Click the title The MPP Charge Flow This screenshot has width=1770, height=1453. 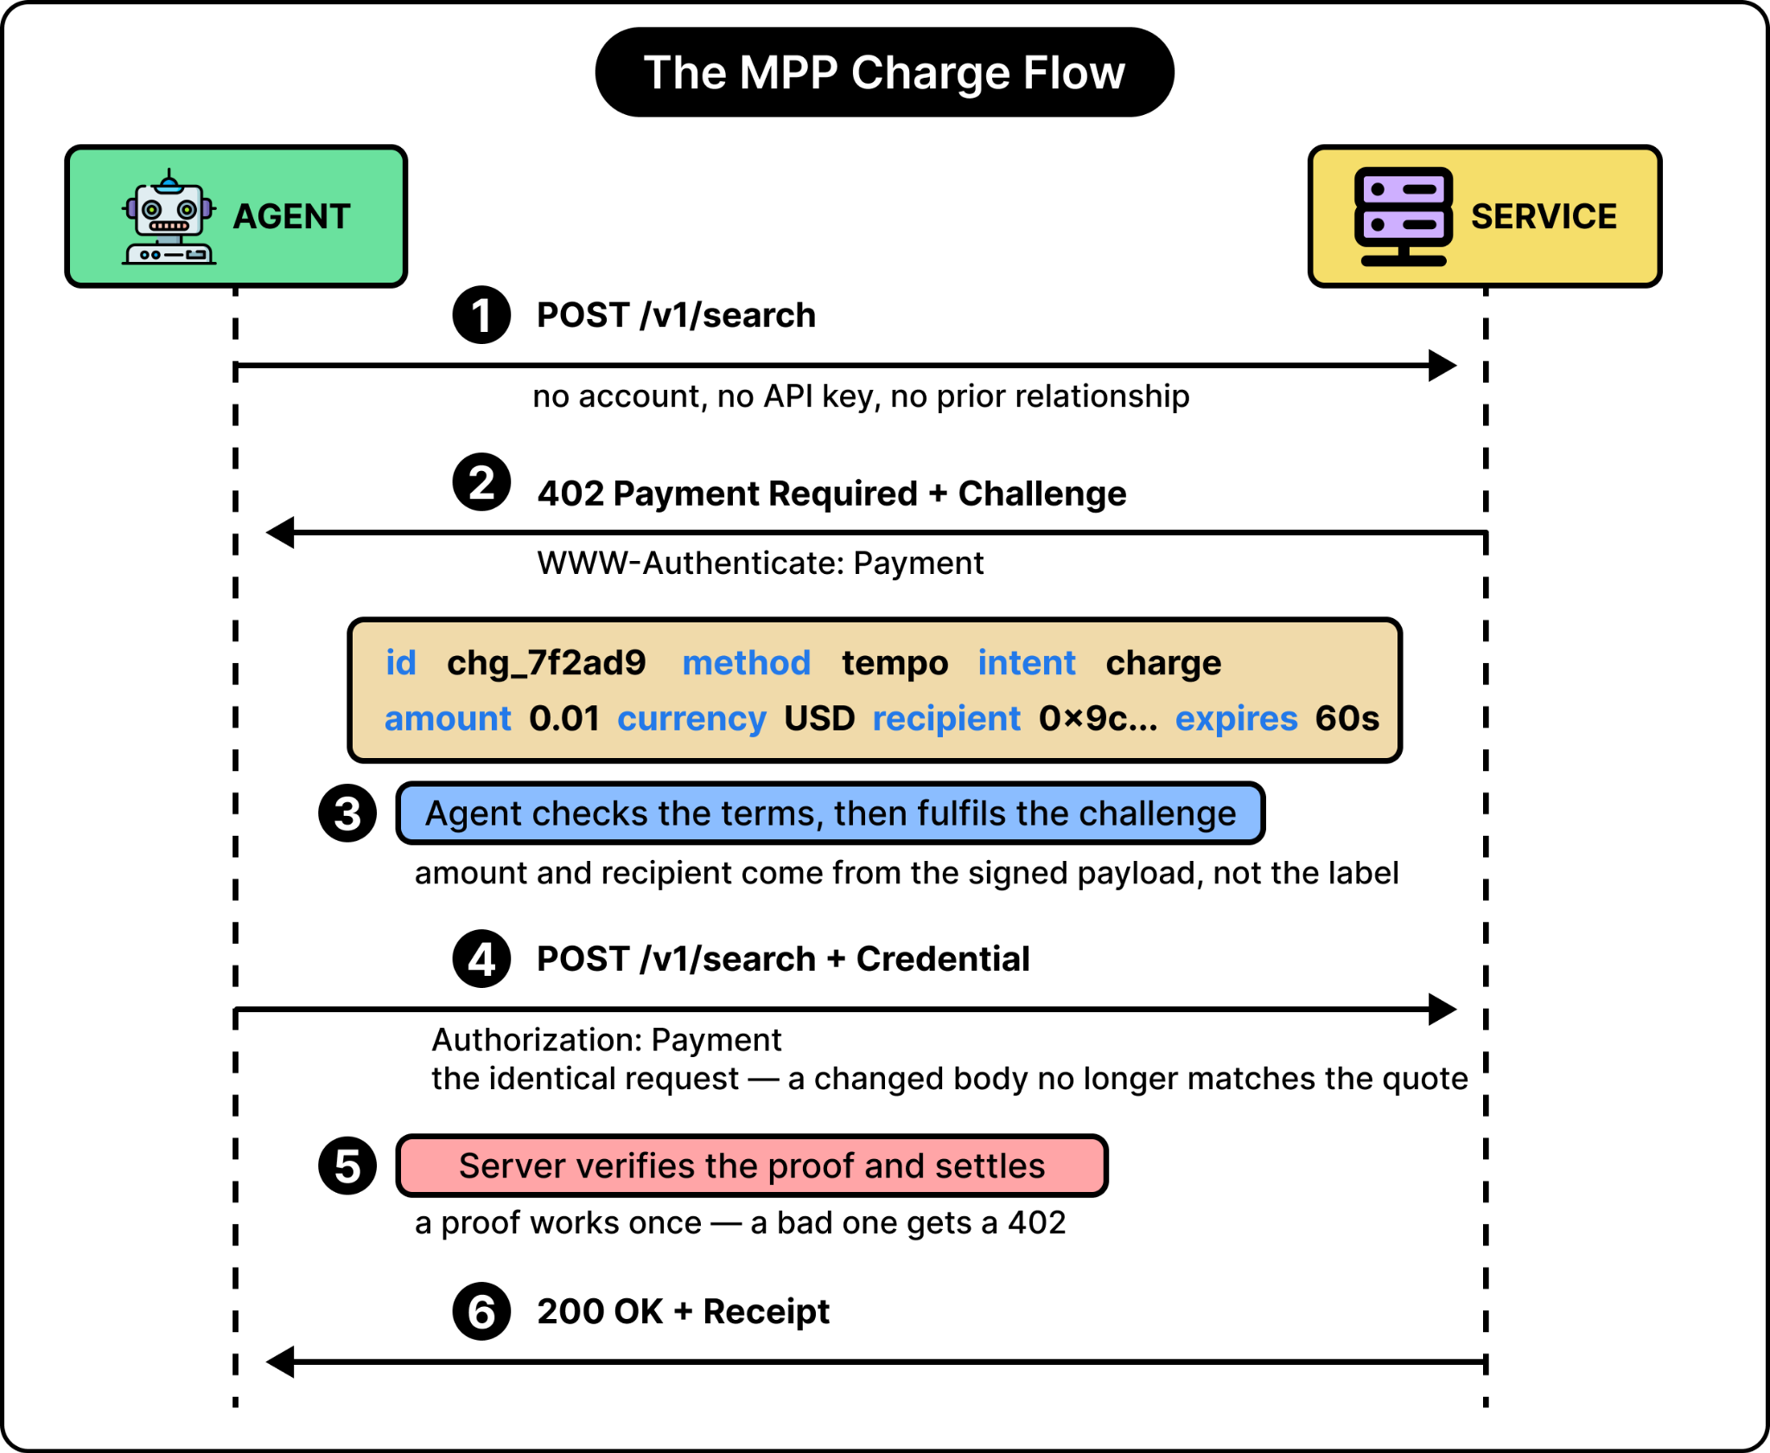[884, 73]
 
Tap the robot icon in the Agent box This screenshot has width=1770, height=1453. [169, 217]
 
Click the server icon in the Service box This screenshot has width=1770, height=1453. [1404, 217]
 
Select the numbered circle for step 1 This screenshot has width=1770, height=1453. [481, 315]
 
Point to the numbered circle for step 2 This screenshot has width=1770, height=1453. [481, 482]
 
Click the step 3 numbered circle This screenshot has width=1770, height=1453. [347, 813]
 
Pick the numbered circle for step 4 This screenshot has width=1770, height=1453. [481, 959]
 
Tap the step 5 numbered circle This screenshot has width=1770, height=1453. [347, 1166]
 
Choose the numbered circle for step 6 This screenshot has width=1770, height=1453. [481, 1311]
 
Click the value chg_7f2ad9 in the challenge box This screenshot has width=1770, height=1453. [546, 663]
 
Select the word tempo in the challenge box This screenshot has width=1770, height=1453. [895, 664]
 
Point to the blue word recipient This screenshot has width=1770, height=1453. [946, 719]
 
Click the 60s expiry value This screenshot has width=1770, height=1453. [1347, 718]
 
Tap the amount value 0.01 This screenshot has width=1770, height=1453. [564, 718]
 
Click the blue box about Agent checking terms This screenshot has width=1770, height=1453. [831, 813]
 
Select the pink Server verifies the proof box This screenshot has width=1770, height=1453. [752, 1166]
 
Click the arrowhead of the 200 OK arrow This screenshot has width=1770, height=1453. [280, 1362]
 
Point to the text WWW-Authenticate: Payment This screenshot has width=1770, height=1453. [761, 564]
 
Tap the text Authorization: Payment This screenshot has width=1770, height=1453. [607, 1040]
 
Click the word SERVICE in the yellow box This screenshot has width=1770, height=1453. [1544, 216]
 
